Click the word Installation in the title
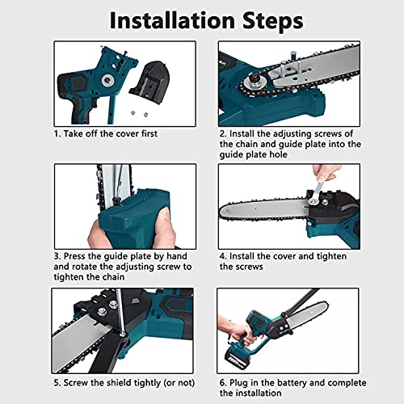[172, 20]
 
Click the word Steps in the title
[273, 22]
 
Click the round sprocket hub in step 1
[107, 80]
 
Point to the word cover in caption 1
[126, 133]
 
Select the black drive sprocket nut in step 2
[254, 79]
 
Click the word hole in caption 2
[278, 154]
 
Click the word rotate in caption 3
[84, 267]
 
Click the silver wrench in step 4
[316, 192]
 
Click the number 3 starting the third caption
[57, 256]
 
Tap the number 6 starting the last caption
[222, 383]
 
